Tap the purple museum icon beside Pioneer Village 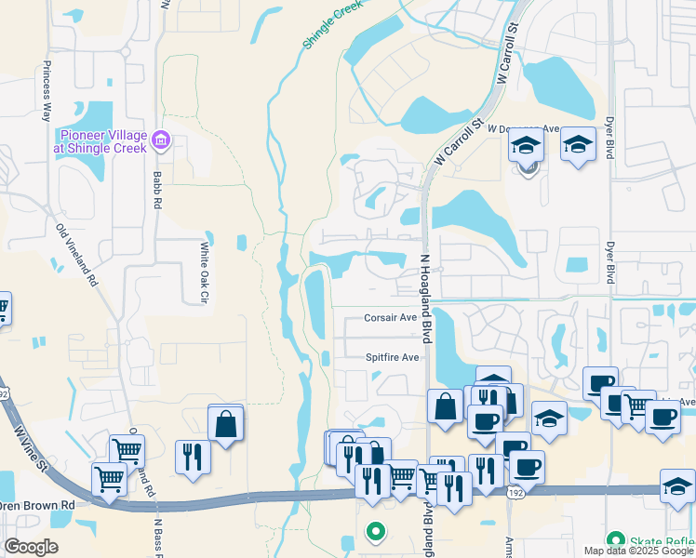click(x=161, y=140)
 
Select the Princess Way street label click(x=46, y=92)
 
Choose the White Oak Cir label click(x=204, y=272)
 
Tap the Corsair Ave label click(x=390, y=317)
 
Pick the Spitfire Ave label click(x=392, y=357)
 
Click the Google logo click(x=31, y=547)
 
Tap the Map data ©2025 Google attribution click(x=638, y=551)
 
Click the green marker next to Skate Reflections click(x=614, y=539)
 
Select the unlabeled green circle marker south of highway click(x=375, y=532)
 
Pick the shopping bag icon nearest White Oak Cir click(x=226, y=424)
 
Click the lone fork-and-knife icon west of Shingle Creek click(x=193, y=457)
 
